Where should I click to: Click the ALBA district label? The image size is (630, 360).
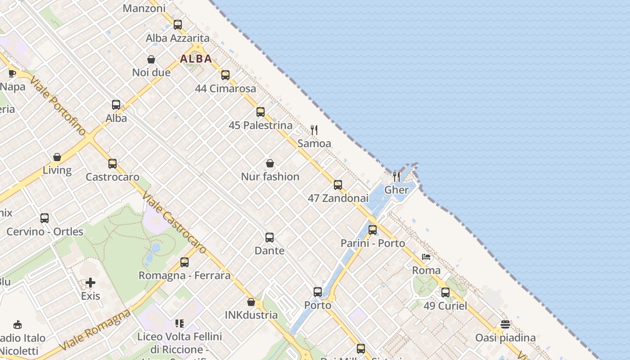[x=196, y=58]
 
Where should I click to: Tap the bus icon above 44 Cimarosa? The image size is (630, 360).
[x=225, y=75]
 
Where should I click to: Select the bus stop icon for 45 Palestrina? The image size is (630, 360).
[x=261, y=112]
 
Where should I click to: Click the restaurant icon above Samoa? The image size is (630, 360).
[x=314, y=130]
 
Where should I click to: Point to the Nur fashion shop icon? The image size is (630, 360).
[x=270, y=163]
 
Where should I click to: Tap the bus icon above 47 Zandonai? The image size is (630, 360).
[x=338, y=185]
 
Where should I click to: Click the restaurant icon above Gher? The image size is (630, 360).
[x=396, y=176]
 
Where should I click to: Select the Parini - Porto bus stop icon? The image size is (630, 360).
[x=373, y=230]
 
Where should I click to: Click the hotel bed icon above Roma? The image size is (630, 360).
[x=426, y=257]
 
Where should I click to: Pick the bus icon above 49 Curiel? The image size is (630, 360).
[x=445, y=292]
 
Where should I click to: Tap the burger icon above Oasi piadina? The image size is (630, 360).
[x=505, y=324]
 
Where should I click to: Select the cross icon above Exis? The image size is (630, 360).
[x=90, y=283]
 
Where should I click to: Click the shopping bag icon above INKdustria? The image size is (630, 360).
[x=251, y=302]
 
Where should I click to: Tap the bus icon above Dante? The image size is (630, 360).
[x=270, y=238]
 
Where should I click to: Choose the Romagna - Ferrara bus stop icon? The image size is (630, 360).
[x=184, y=262]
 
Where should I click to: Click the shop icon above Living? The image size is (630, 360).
[x=57, y=157]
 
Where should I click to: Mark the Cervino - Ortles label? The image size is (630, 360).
[x=45, y=232]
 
